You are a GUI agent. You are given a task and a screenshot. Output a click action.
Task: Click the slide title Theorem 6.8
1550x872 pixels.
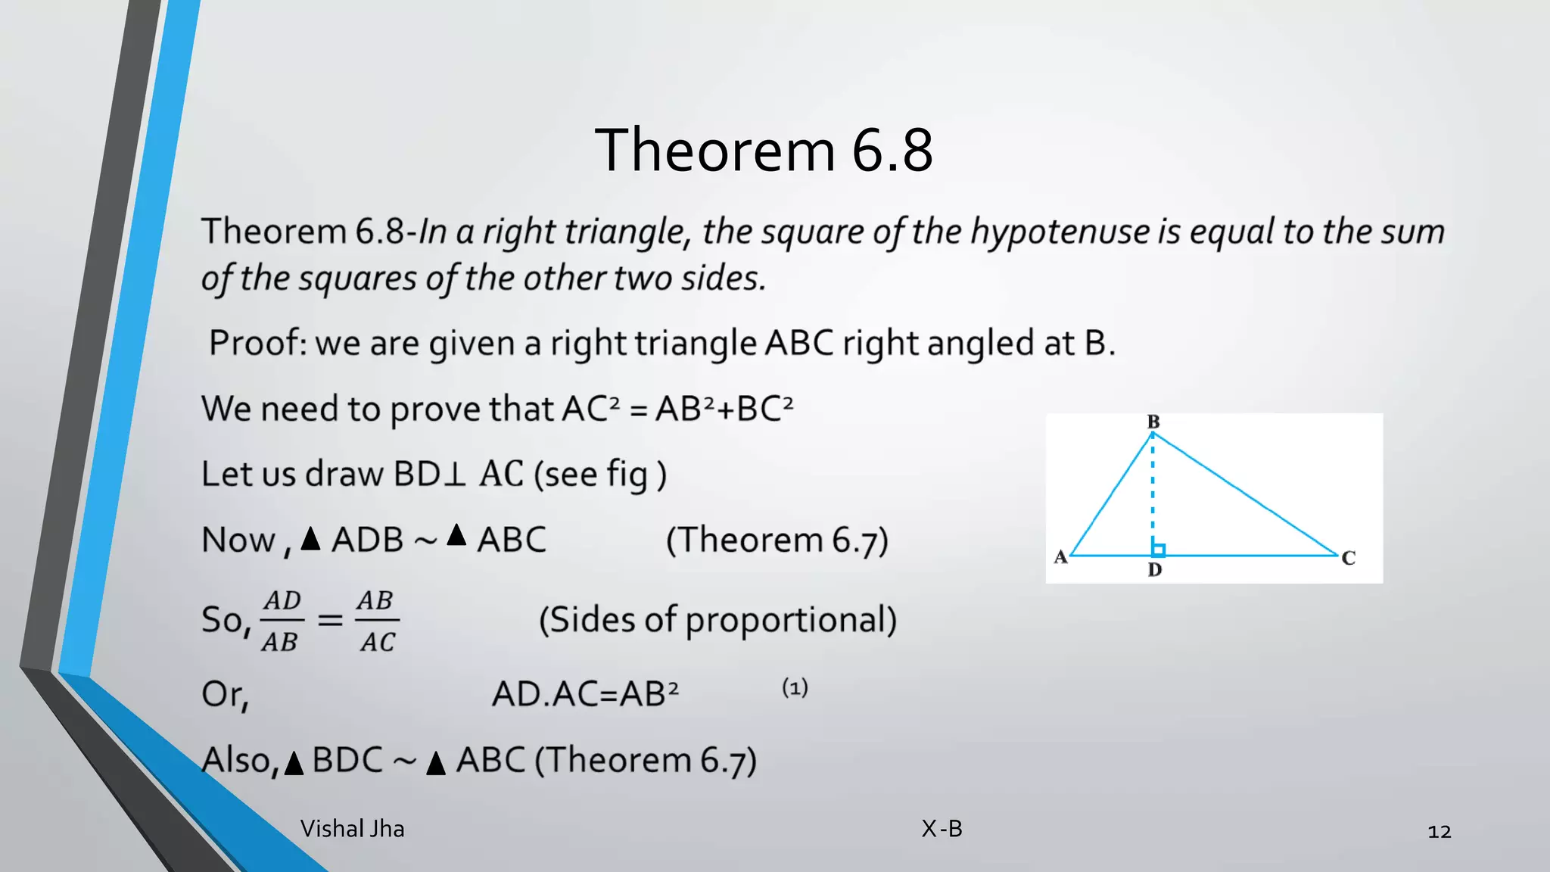click(764, 150)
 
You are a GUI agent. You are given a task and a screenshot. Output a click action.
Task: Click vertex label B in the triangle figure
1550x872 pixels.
click(1153, 422)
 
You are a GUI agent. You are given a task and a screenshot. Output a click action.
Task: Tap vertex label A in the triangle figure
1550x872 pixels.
click(1060, 558)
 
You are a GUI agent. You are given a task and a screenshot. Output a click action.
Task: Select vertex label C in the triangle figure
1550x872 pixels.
click(1348, 559)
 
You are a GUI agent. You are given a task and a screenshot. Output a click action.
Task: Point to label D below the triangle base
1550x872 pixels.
click(1154, 570)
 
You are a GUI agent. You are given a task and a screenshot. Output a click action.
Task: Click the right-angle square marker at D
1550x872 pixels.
click(1159, 550)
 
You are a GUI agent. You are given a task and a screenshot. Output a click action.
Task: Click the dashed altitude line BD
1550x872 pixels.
click(1153, 492)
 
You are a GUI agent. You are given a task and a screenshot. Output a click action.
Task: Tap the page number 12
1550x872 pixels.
click(1439, 832)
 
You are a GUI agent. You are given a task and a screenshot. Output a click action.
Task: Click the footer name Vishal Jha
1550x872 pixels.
click(352, 829)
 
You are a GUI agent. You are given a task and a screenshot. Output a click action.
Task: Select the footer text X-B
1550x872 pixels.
click(942, 829)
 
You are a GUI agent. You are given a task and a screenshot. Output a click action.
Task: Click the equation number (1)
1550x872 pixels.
click(795, 688)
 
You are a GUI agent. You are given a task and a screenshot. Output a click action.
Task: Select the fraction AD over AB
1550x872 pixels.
click(282, 621)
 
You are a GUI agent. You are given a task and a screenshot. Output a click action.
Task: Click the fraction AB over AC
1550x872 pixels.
click(377, 621)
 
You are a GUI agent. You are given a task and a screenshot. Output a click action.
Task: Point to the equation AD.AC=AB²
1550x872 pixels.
click(585, 693)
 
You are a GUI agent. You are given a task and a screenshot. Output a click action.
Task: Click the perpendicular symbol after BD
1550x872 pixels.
click(454, 475)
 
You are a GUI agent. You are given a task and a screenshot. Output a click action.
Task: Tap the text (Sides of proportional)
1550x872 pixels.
click(717, 620)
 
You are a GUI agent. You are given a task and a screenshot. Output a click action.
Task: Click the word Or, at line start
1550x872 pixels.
click(225, 694)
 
